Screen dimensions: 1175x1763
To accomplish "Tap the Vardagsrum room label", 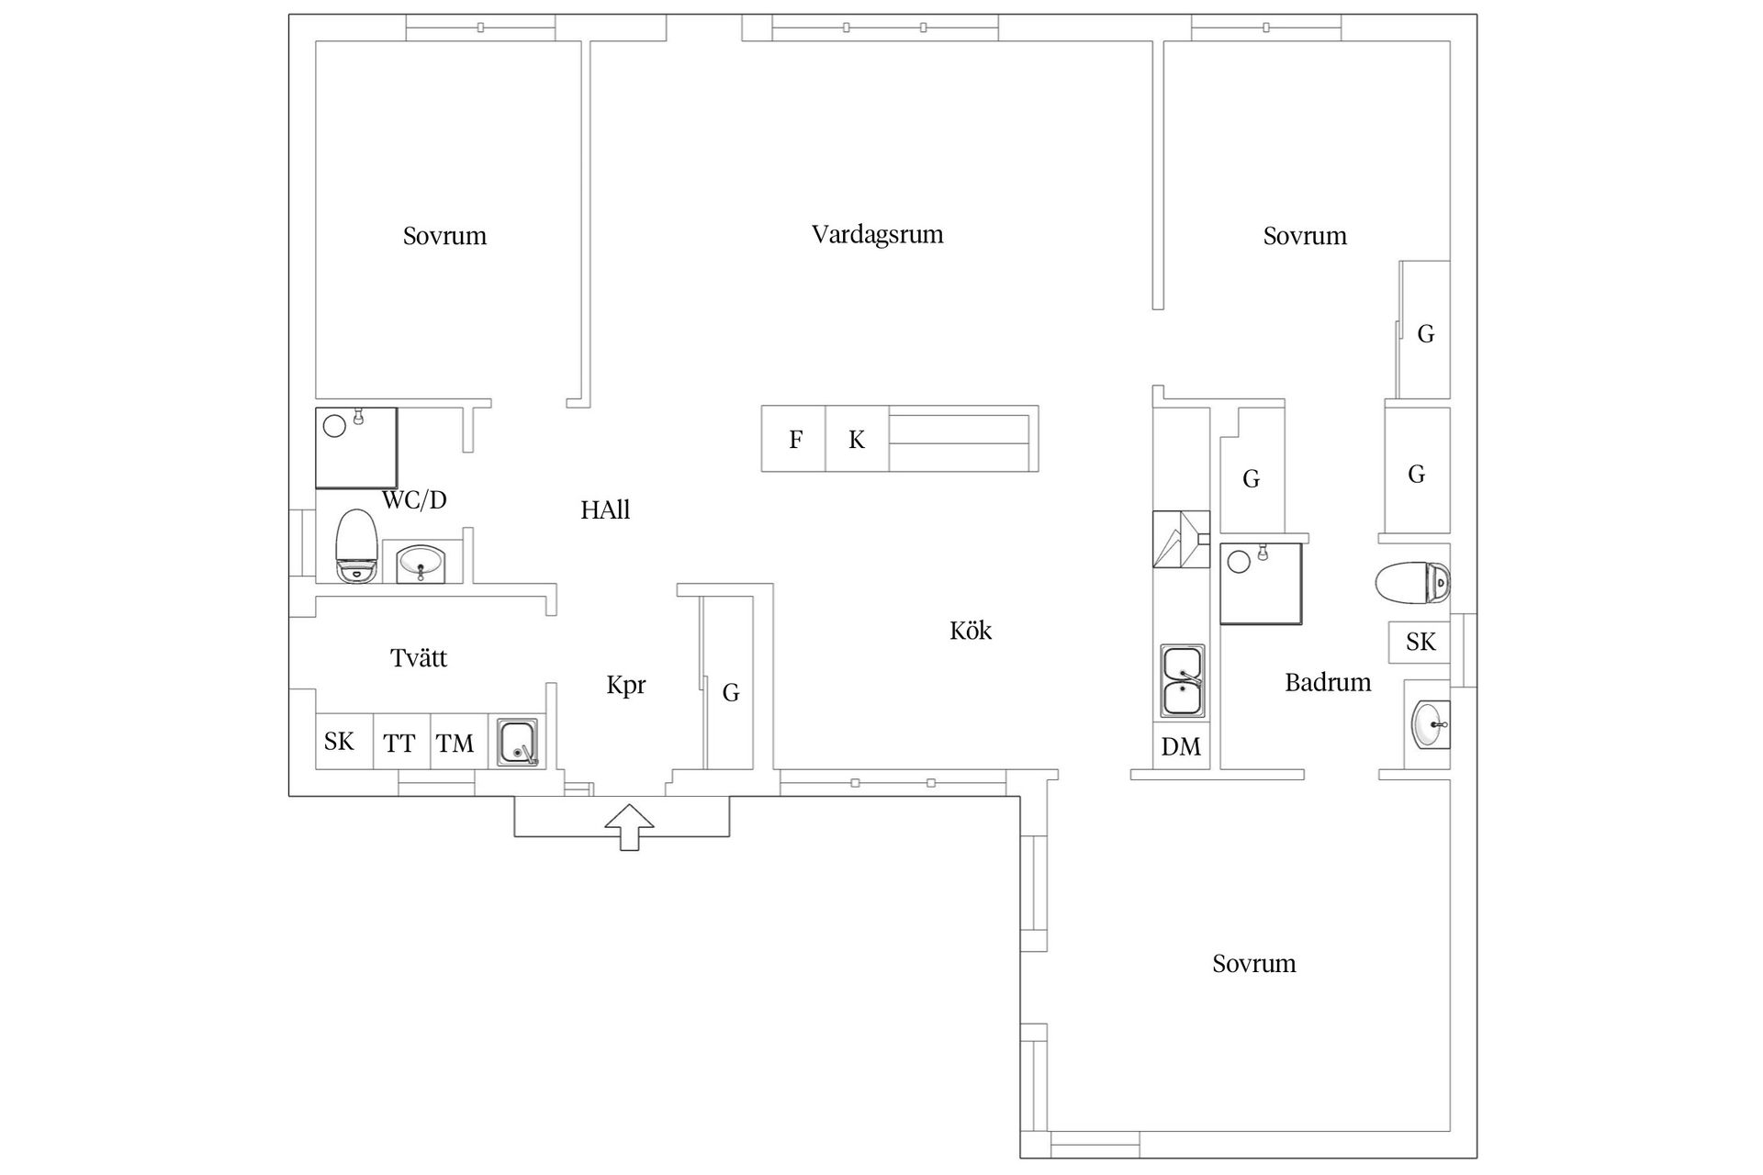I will tap(877, 235).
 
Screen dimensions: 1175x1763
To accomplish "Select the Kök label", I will tap(971, 631).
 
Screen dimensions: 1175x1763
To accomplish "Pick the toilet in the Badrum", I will tap(1412, 582).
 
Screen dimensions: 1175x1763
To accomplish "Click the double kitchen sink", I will tap(1182, 680).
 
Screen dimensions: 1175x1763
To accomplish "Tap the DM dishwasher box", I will tap(1181, 746).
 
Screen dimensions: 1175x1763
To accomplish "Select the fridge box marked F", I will tap(794, 440).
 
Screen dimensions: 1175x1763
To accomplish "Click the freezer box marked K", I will tap(857, 440).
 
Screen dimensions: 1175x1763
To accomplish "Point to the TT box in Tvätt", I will tap(400, 742).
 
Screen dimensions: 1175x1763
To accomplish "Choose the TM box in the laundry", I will tap(455, 742).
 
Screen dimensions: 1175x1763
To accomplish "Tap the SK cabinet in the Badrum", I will tap(1420, 642).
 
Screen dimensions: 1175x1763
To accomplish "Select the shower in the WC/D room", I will tap(356, 448).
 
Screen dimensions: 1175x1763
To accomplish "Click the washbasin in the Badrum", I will tap(1429, 724).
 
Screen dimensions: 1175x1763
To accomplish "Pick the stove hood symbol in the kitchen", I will tap(1180, 539).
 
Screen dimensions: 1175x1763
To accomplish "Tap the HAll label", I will tap(605, 510).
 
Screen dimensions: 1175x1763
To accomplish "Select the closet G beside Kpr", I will tap(730, 691).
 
